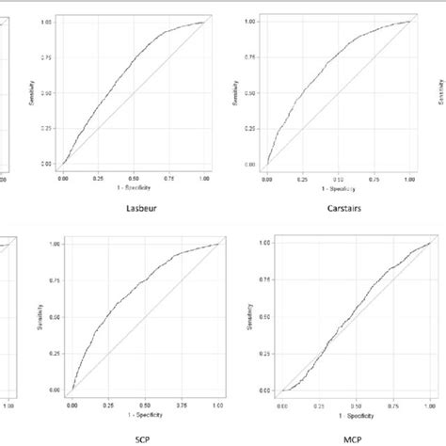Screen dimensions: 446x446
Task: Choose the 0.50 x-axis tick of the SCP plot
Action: pos(144,406)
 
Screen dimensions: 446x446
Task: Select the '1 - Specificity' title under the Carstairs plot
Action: pos(338,184)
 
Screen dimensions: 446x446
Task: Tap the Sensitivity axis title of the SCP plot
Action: pos(44,317)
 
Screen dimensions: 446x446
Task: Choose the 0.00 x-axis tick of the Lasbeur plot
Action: pos(63,177)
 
